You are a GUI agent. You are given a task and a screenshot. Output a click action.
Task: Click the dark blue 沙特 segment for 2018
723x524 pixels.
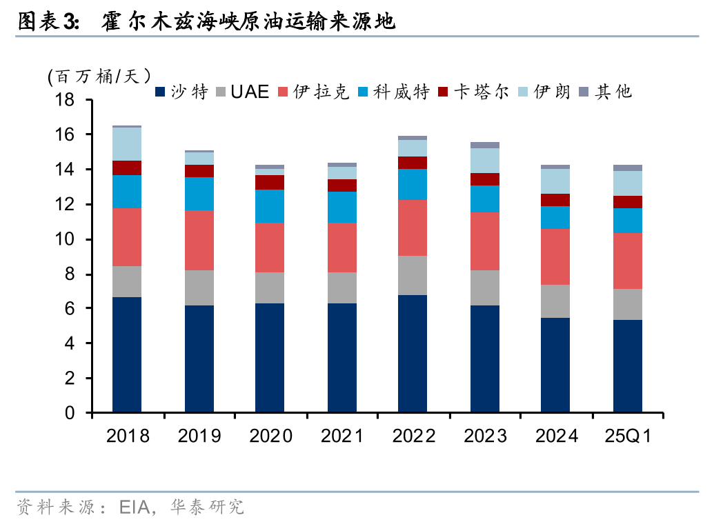pos(127,355)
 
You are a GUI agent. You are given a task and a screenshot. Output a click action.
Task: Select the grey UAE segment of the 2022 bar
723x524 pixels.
pos(413,275)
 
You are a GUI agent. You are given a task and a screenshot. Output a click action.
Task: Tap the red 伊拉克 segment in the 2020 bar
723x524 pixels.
pos(270,248)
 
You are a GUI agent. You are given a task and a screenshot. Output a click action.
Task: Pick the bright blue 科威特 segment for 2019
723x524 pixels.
pos(199,194)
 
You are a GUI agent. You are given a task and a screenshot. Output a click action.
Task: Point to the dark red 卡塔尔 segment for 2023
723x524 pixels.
pos(484,179)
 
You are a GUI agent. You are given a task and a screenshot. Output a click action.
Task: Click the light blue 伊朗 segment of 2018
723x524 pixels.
pos(127,144)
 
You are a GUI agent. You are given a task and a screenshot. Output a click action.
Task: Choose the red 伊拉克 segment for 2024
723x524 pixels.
pos(555,256)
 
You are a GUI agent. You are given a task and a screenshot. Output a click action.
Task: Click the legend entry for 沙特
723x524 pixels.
pos(181,92)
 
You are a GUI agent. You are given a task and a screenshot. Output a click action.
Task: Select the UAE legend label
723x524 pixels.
pos(242,92)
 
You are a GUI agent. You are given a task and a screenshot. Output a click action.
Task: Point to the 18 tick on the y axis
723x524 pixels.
pos(65,101)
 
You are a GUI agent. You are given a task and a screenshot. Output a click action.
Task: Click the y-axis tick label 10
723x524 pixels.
pos(65,240)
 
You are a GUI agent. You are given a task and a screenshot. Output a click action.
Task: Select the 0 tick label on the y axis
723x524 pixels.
pos(70,413)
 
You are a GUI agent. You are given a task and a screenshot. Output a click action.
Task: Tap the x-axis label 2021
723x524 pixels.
pos(341,436)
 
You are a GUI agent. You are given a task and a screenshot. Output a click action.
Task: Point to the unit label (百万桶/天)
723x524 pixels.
pos(99,76)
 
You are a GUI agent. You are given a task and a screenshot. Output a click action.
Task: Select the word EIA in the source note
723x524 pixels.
pos(135,508)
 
